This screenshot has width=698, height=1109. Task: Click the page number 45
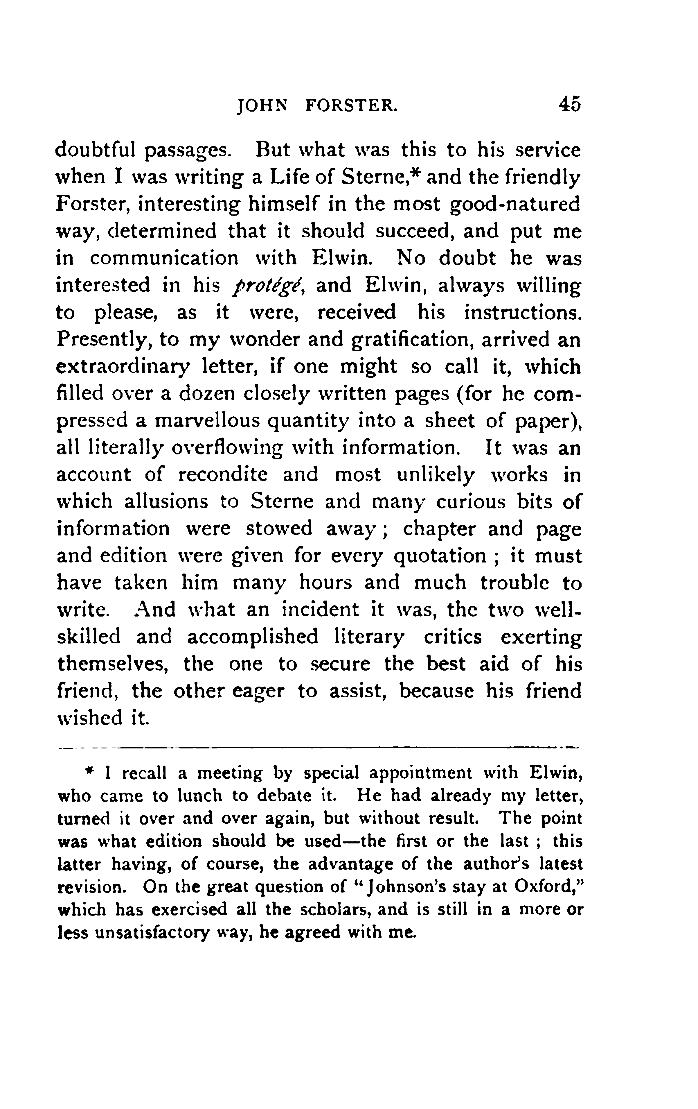(x=570, y=105)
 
